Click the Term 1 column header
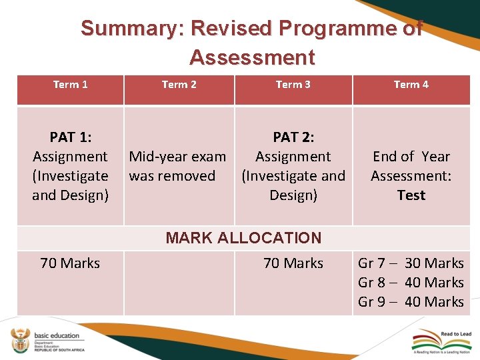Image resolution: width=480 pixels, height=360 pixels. (70, 85)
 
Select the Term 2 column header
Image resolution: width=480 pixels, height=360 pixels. (179, 85)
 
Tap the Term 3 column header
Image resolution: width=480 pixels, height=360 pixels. (293, 85)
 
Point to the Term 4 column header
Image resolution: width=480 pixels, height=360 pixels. (411, 85)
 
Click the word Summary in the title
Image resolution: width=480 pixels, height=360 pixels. (132, 29)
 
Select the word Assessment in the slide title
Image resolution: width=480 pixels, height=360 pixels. (251, 58)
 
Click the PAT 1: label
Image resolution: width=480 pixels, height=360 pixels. (70, 137)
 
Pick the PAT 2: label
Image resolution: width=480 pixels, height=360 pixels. (293, 137)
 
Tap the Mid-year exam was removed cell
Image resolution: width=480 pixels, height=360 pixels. (177, 166)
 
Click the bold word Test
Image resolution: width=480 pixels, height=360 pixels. (411, 195)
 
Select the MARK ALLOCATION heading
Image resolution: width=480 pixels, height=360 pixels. (243, 238)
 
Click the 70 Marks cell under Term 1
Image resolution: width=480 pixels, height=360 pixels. (70, 263)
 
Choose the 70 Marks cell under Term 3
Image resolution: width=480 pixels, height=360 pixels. (293, 263)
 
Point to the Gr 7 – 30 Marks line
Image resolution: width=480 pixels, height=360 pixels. (411, 263)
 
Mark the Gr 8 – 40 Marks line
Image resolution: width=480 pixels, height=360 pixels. (411, 283)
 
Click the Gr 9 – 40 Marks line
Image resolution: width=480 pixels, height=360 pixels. (411, 302)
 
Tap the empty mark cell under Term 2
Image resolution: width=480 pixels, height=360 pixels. (179, 283)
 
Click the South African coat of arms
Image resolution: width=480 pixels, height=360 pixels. (19, 340)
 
